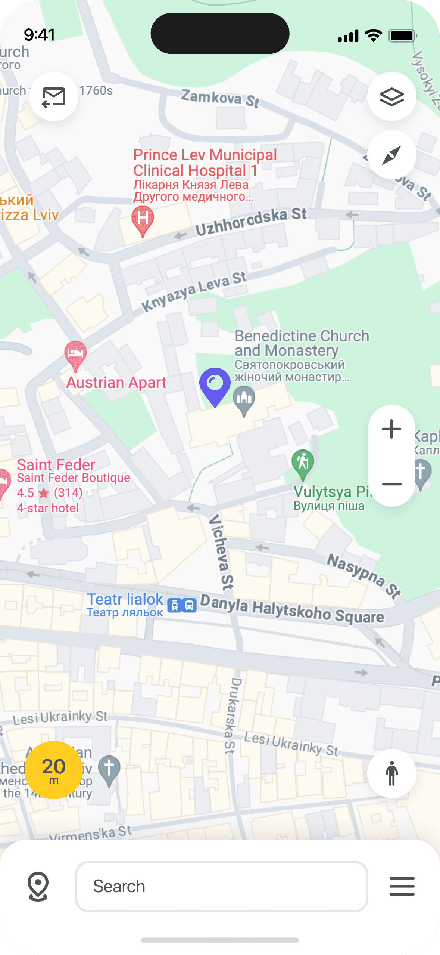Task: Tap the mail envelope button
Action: [x=54, y=96]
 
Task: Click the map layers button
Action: [x=391, y=96]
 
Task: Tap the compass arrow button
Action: [x=391, y=155]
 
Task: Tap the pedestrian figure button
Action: [x=391, y=773]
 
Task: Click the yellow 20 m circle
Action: [x=54, y=770]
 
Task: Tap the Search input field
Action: [x=222, y=886]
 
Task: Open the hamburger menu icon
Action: [x=402, y=886]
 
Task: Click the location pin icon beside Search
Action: [x=38, y=886]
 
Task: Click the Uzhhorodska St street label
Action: [x=251, y=222]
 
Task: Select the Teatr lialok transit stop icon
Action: [x=182, y=605]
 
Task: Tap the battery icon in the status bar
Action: [x=402, y=36]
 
